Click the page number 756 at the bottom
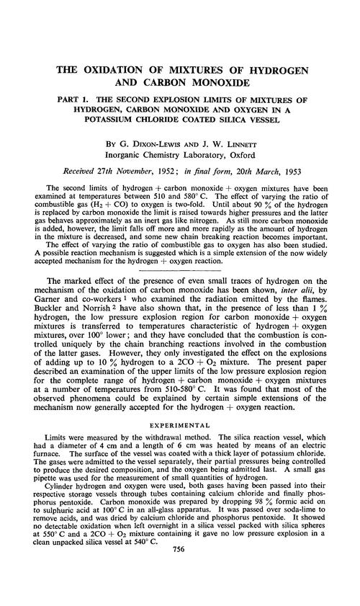pos(180,589)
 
